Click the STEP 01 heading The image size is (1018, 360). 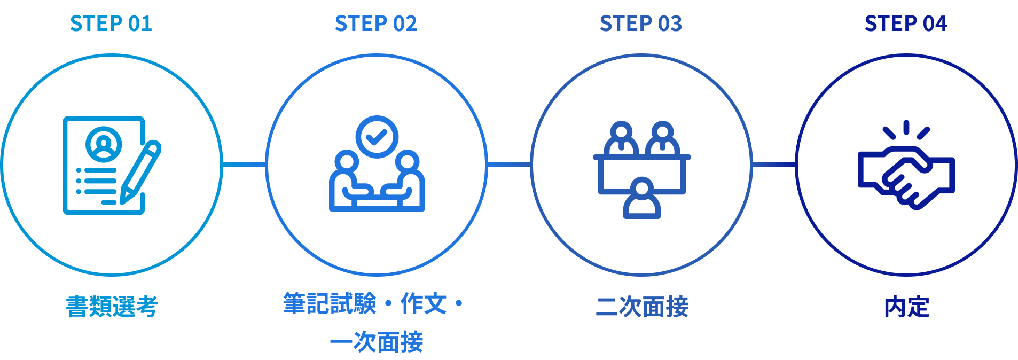click(111, 24)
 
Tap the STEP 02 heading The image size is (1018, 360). click(376, 24)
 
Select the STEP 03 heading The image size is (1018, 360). click(641, 24)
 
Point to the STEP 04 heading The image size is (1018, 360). click(906, 24)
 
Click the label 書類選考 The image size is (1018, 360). click(112, 307)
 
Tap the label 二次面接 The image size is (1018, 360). click(642, 307)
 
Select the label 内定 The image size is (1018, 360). click(906, 307)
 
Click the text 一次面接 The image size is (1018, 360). click(377, 342)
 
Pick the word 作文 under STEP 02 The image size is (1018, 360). click(424, 303)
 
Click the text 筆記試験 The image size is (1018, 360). click(330, 303)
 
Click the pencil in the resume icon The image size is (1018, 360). click(140, 172)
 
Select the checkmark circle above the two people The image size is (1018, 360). click(377, 137)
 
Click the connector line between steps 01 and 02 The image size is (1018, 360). click(244, 164)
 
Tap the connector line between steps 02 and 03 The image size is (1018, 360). click(508, 164)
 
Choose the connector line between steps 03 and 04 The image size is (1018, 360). click(773, 164)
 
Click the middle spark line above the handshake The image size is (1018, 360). click(906, 128)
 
